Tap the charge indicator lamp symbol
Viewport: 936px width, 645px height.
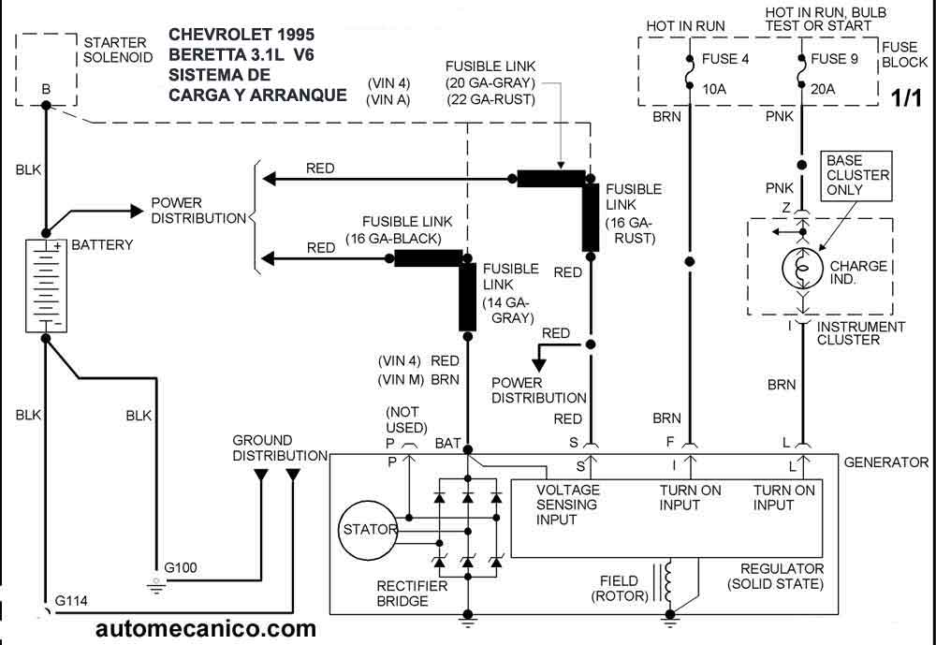(800, 267)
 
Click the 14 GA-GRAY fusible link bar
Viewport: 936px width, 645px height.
(467, 297)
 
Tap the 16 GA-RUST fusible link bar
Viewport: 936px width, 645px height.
(591, 217)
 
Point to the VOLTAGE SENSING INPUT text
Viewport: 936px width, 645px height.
(567, 506)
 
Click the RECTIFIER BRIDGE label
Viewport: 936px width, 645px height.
(412, 594)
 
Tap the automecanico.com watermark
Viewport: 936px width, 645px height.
(206, 629)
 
